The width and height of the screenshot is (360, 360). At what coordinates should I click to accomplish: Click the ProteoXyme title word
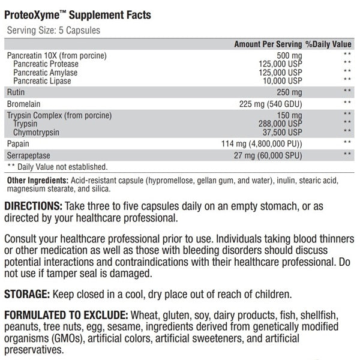pyautogui.click(x=29, y=14)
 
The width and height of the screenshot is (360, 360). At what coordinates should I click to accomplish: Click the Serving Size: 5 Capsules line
pyautogui.click(x=53, y=30)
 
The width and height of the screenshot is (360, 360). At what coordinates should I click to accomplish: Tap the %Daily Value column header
pyautogui.click(x=328, y=44)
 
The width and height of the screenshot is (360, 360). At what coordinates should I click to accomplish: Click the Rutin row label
pyautogui.click(x=16, y=92)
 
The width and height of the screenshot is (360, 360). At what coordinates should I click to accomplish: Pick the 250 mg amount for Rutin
pyautogui.click(x=289, y=92)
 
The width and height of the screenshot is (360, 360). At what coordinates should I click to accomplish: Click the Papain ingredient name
pyautogui.click(x=19, y=144)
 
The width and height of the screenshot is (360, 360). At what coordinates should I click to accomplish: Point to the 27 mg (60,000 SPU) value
pyautogui.click(x=268, y=155)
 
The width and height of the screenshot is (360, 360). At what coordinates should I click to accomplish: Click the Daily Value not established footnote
pyautogui.click(x=57, y=166)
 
